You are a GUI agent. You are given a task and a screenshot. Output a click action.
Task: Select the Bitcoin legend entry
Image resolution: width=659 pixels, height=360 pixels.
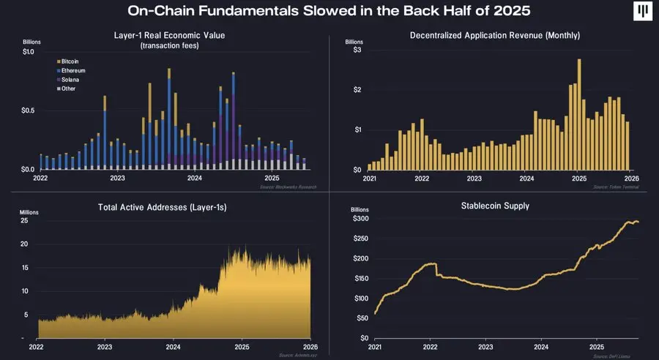pyautogui.click(x=72, y=61)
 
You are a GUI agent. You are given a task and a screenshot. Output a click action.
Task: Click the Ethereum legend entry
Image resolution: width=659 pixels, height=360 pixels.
pyautogui.click(x=73, y=70)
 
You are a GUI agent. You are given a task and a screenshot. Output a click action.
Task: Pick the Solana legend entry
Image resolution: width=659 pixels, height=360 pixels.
pyautogui.click(x=72, y=79)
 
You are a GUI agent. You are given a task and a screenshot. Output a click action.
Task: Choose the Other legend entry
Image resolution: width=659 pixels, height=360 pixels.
pyautogui.click(x=70, y=88)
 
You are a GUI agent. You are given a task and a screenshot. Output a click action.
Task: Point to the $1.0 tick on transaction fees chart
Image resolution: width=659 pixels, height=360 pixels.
pyautogui.click(x=28, y=51)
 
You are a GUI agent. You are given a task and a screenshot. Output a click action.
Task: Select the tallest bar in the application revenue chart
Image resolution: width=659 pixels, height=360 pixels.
pyautogui.click(x=578, y=114)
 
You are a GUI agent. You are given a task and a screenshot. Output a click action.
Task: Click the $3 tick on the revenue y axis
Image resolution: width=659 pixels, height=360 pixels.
pyautogui.click(x=357, y=50)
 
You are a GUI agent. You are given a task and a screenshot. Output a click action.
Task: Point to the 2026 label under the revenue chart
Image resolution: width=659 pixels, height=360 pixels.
pyautogui.click(x=630, y=178)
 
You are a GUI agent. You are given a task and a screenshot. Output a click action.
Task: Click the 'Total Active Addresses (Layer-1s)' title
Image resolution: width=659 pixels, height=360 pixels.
pyautogui.click(x=162, y=207)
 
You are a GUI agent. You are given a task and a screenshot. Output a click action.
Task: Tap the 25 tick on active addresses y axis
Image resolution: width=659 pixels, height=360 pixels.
pyautogui.click(x=23, y=220)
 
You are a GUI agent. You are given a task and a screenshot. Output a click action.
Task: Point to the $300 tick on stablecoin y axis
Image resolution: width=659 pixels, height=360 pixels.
pyautogui.click(x=358, y=219)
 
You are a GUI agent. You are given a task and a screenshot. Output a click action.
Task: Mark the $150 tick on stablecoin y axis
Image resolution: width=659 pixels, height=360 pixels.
pyautogui.click(x=358, y=279)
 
